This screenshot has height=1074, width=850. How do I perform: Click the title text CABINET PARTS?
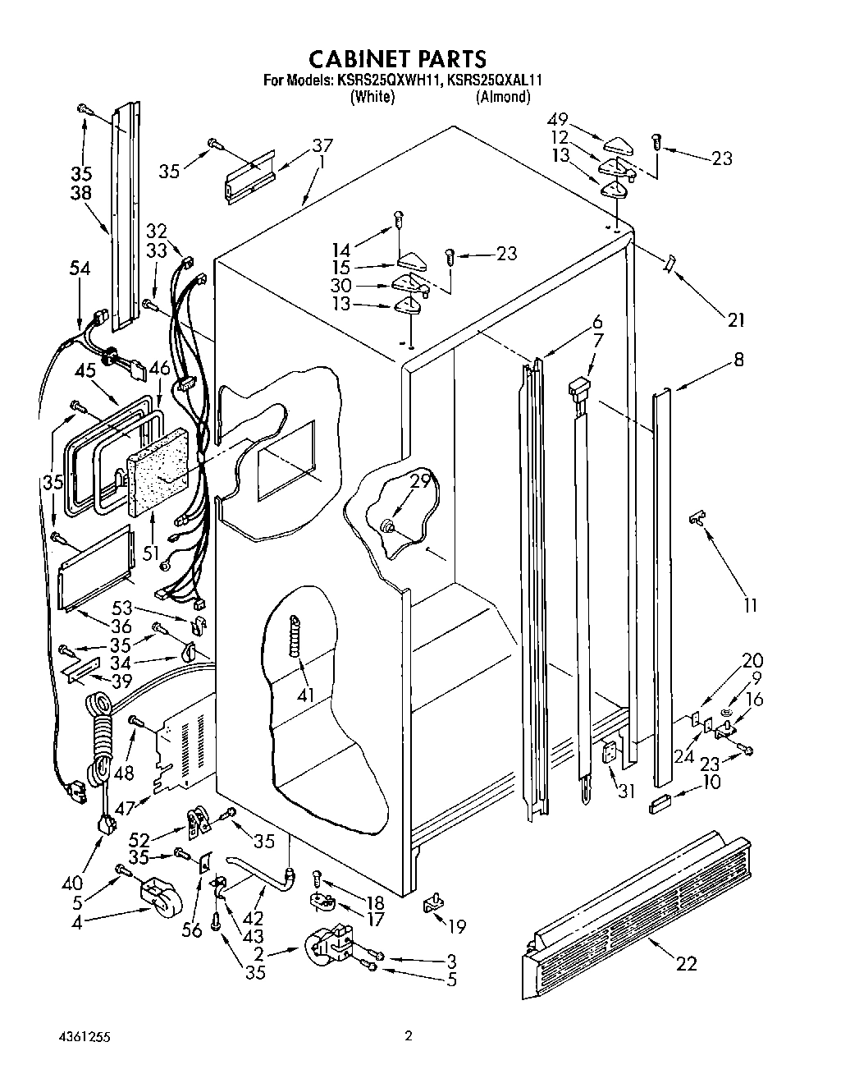397,58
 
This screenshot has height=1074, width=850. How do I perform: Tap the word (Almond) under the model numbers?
503,97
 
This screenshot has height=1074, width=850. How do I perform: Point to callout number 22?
685,963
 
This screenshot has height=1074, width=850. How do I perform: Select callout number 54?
80,269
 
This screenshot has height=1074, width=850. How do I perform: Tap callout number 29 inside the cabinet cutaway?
420,482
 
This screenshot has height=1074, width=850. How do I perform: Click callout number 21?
736,319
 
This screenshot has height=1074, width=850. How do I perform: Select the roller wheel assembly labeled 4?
156,897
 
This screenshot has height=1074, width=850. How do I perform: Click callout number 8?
739,359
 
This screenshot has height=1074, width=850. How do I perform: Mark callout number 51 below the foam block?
150,553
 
